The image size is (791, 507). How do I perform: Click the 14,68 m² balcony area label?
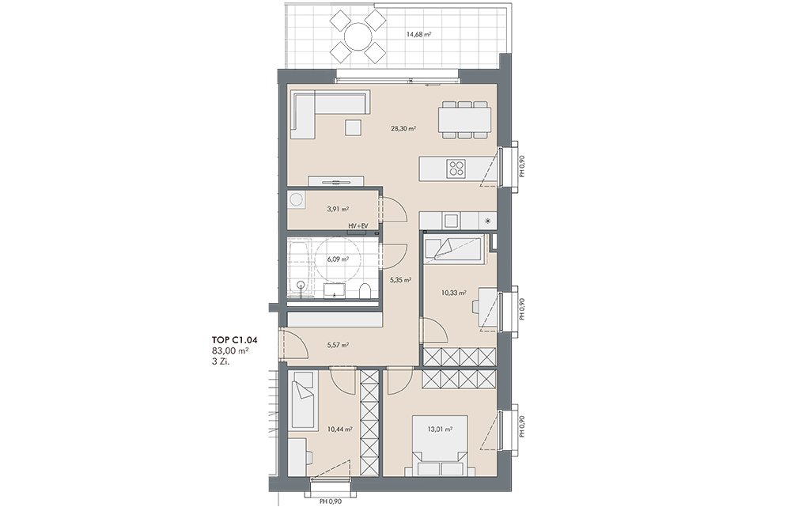pyautogui.click(x=418, y=35)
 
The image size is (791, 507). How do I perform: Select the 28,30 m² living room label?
pyautogui.click(x=403, y=129)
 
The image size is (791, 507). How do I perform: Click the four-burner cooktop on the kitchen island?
pyautogui.click(x=457, y=167)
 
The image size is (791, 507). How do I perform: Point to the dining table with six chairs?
pyautogui.click(x=464, y=120)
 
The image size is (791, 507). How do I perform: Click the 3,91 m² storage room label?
pyautogui.click(x=338, y=208)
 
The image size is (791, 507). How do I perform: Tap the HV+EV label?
pyautogui.click(x=358, y=226)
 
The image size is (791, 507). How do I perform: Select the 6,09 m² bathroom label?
pyautogui.click(x=338, y=259)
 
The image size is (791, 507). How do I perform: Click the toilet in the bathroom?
pyautogui.click(x=365, y=292)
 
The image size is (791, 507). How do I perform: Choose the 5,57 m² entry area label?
pyautogui.click(x=338, y=345)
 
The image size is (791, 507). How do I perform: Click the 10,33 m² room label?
pyautogui.click(x=453, y=292)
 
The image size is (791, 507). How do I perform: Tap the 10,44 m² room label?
pyautogui.click(x=339, y=429)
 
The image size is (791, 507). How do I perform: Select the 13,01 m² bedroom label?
pyautogui.click(x=439, y=429)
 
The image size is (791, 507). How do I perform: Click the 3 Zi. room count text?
pyautogui.click(x=221, y=361)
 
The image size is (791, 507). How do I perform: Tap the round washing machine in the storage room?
pyautogui.click(x=296, y=200)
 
